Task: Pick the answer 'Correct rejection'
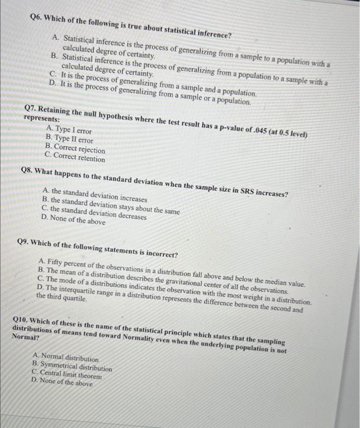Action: [79, 149]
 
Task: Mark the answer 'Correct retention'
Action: [79, 158]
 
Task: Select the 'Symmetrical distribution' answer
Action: [76, 367]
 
